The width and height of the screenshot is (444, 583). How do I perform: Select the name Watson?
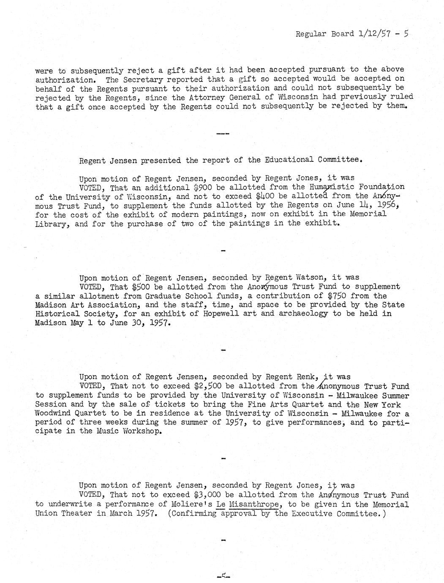[x=310, y=278]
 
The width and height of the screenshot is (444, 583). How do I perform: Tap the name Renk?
[x=310, y=377]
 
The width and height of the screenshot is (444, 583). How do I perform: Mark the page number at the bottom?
[x=222, y=575]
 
